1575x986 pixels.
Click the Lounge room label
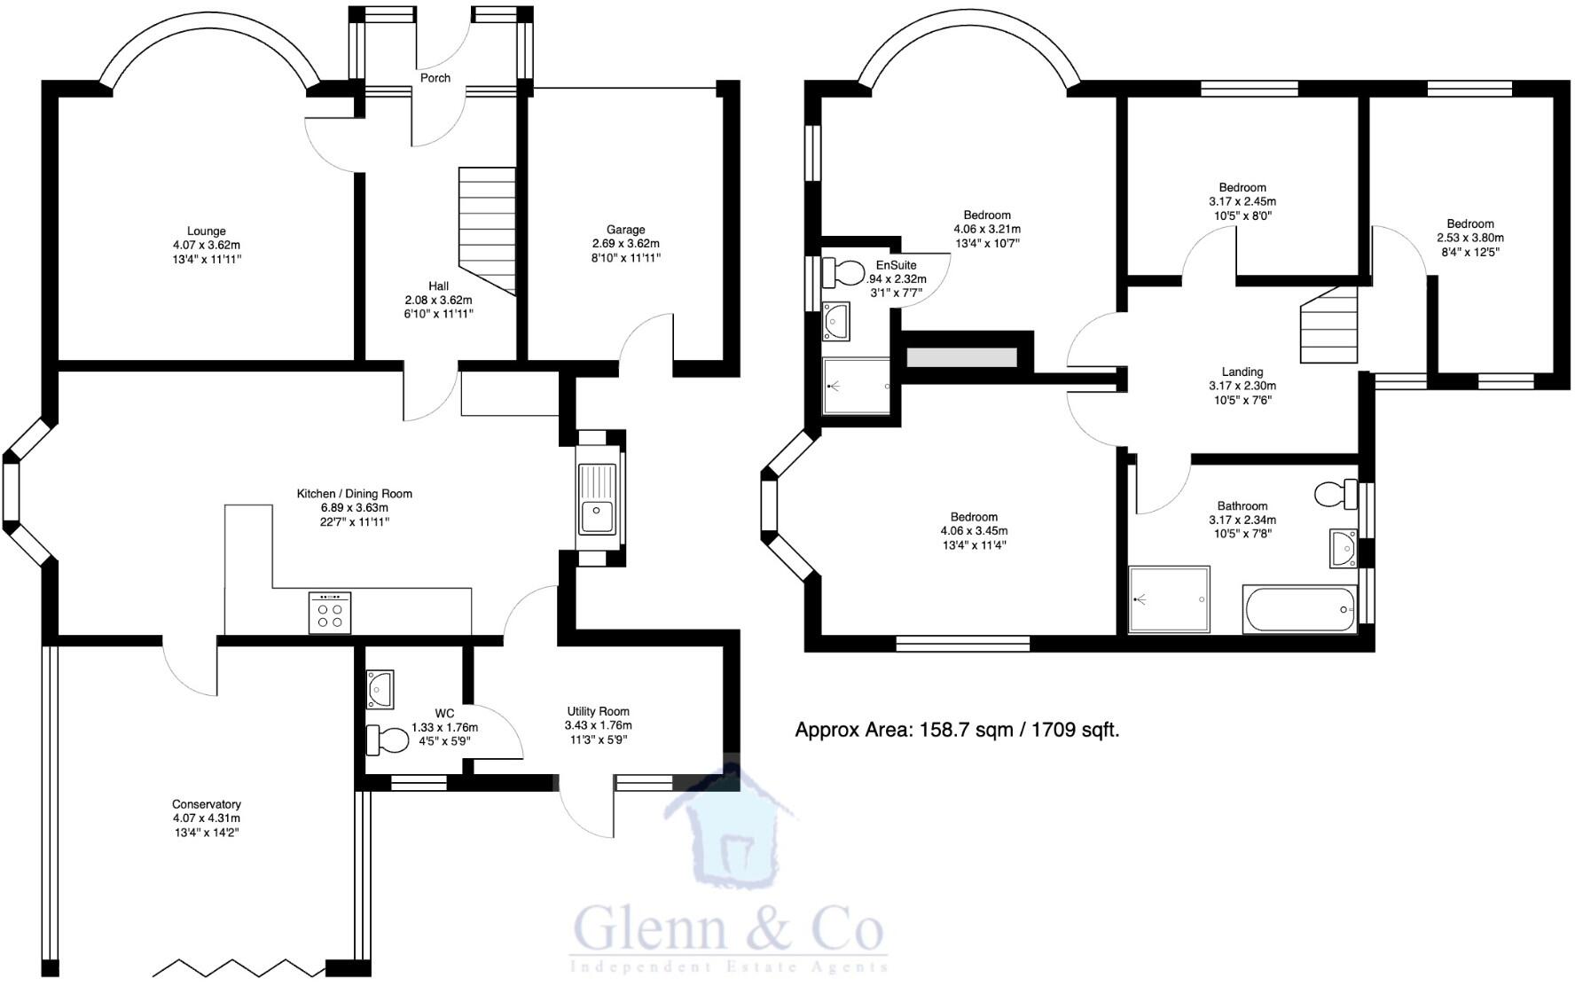[x=206, y=231]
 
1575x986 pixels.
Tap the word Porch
[x=435, y=78]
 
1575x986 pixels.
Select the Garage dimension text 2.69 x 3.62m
[x=625, y=244]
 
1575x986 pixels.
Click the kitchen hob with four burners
[x=329, y=613]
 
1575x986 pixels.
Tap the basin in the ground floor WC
[x=380, y=689]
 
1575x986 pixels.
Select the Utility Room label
[x=598, y=711]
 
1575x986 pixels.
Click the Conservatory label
[x=206, y=804]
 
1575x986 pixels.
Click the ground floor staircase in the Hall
[x=486, y=231]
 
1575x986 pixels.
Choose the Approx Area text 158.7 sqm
[x=956, y=731]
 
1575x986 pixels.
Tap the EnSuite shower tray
[x=856, y=387]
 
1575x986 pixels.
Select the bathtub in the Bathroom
[x=1299, y=609]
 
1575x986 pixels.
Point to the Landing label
[x=1242, y=372]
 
